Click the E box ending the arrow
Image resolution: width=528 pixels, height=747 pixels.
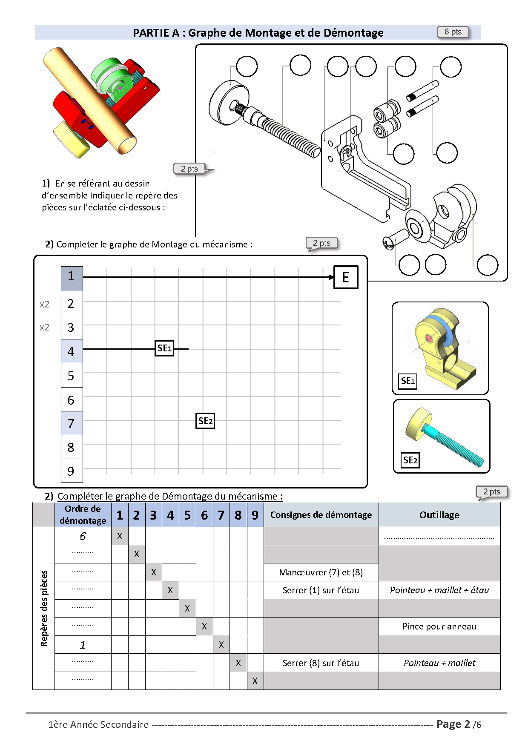click(345, 277)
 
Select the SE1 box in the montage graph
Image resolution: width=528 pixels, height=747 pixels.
click(164, 348)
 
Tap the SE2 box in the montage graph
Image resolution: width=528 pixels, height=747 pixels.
click(205, 421)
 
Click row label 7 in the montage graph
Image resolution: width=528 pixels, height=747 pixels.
click(71, 423)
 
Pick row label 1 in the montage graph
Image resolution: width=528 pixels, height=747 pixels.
click(71, 276)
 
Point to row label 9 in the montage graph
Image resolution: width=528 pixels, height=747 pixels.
click(71, 471)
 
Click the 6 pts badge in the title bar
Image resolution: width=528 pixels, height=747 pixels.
click(453, 32)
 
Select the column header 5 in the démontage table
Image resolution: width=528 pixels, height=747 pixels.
click(187, 515)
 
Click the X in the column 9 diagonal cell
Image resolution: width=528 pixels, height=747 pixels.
click(255, 681)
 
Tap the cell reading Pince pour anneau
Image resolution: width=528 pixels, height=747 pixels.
click(439, 626)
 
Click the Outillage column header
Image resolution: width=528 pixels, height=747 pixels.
click(439, 515)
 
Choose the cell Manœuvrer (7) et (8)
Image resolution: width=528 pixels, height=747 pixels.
click(321, 572)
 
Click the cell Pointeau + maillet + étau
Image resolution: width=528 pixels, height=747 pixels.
click(439, 590)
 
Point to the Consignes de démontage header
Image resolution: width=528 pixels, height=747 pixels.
click(321, 515)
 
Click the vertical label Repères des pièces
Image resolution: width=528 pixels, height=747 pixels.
click(44, 608)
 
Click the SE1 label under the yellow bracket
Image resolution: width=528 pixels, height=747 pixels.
click(407, 381)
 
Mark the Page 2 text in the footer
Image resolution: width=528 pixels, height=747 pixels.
click(453, 724)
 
